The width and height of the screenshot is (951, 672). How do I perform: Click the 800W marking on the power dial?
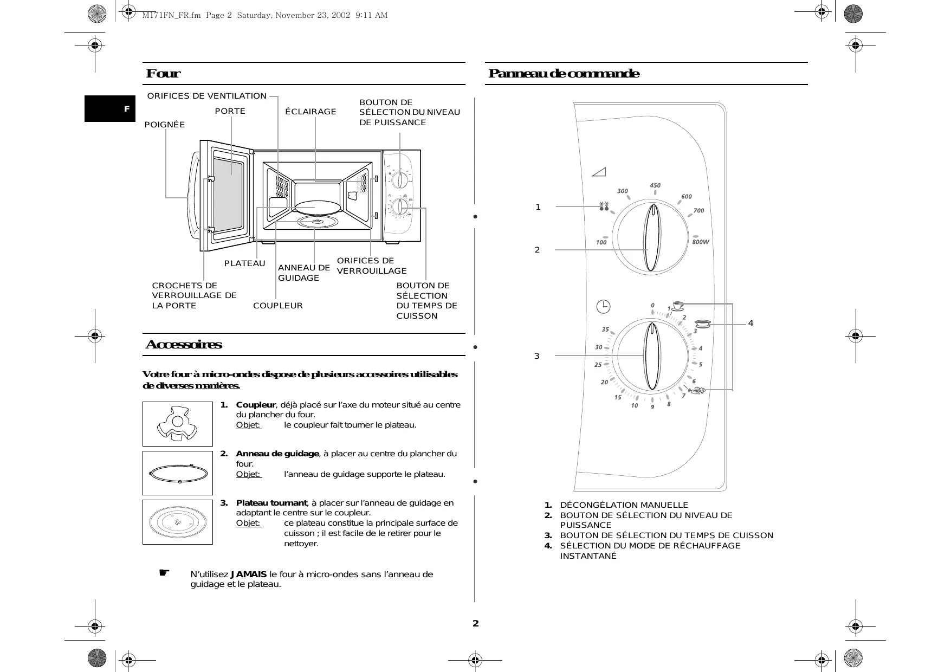tap(700, 242)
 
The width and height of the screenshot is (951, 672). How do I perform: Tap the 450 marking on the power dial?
tap(655, 185)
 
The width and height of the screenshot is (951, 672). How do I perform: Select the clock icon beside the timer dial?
tap(603, 307)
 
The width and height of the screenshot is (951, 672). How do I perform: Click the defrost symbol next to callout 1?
tap(604, 206)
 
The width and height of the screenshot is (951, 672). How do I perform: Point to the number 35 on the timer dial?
tap(605, 329)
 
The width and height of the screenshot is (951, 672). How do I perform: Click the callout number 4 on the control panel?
tap(751, 323)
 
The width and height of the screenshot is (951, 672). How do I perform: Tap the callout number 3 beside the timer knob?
tap(537, 356)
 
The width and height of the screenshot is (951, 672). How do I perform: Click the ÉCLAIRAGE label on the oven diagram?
tap(310, 112)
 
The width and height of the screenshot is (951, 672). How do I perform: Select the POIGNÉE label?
tap(165, 125)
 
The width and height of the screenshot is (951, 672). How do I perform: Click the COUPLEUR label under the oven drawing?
tap(278, 306)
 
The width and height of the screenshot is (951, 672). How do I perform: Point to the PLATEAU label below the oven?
tap(245, 263)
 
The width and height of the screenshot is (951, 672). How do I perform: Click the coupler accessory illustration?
tap(177, 424)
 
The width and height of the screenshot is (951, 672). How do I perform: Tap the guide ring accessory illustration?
tap(178, 473)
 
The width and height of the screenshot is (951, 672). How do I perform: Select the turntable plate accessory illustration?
tap(178, 522)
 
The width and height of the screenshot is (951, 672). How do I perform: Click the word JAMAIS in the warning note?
tap(249, 574)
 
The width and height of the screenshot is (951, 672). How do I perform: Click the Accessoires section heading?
tap(184, 345)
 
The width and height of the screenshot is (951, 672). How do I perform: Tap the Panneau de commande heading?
tap(564, 74)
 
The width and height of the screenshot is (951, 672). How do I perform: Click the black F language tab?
tap(110, 108)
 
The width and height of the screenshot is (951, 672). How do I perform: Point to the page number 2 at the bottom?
tap(476, 623)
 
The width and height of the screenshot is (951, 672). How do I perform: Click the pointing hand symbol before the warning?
tap(164, 573)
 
